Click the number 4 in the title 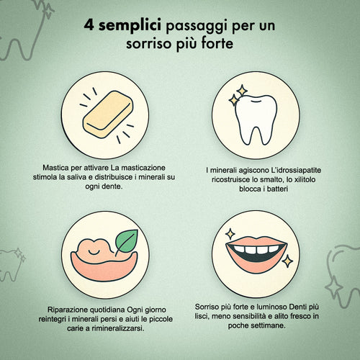(x=89, y=25)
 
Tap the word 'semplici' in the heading (x=130, y=26)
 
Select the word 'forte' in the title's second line (x=217, y=43)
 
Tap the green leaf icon (x=127, y=241)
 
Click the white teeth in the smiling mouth (x=256, y=249)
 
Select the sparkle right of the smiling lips (x=287, y=261)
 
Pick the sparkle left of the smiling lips (x=230, y=233)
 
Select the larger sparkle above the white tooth (x=242, y=91)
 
